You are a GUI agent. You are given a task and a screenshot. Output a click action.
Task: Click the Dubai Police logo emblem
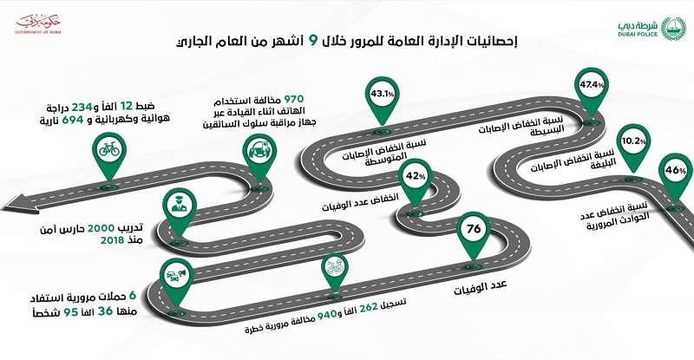(x=673, y=29)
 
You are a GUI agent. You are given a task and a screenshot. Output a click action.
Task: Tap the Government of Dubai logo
(x=38, y=23)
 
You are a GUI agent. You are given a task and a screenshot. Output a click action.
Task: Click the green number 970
(x=294, y=99)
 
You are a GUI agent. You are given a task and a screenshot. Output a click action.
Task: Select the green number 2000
(x=101, y=228)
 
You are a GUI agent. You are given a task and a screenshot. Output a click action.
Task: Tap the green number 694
(x=73, y=120)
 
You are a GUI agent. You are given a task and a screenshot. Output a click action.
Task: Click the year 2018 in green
(x=112, y=240)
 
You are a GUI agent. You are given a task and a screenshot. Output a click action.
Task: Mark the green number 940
(x=327, y=315)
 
